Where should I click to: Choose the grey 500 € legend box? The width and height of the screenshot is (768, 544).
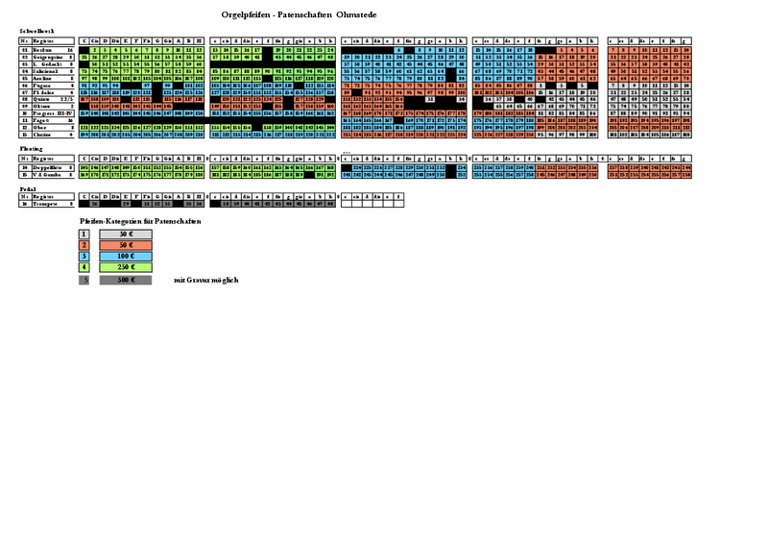click(126, 280)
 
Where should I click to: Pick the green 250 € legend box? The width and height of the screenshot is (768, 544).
click(126, 268)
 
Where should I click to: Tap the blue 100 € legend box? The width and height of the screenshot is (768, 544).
click(126, 257)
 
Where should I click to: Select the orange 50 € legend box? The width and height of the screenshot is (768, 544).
click(126, 245)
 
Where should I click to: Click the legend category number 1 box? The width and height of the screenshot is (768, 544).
click(84, 234)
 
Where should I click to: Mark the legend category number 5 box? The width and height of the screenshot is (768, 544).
click(84, 280)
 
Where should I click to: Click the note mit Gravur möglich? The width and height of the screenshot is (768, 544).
click(206, 280)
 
